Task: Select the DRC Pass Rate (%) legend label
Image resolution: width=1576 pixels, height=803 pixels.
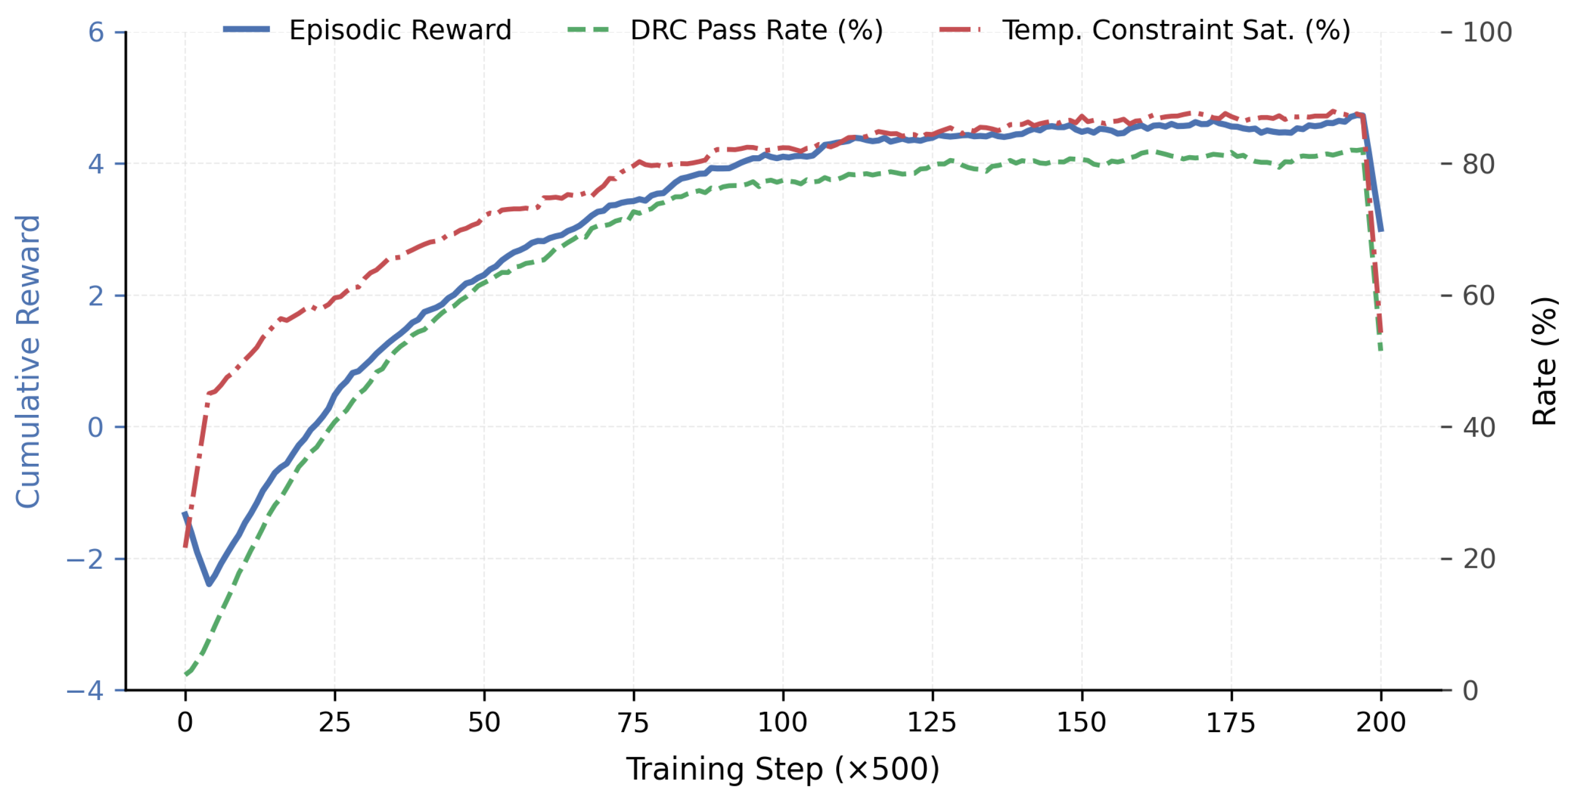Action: tap(757, 30)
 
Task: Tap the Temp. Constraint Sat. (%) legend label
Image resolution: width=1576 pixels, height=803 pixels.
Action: tap(1176, 30)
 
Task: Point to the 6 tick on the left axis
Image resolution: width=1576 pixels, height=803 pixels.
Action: tap(96, 32)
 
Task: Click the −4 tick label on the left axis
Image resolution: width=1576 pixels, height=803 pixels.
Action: tap(86, 690)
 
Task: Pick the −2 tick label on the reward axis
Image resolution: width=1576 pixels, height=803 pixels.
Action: tap(86, 559)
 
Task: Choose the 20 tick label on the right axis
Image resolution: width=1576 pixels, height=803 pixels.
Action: tap(1479, 559)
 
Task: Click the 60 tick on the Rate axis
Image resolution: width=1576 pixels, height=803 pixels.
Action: tap(1479, 296)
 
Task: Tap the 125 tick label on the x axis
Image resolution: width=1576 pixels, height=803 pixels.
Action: tap(932, 723)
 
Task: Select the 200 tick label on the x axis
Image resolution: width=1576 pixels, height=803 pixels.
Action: tap(1381, 723)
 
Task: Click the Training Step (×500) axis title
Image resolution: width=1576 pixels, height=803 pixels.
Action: tap(783, 769)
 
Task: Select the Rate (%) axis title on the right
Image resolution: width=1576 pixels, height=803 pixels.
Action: tap(1545, 361)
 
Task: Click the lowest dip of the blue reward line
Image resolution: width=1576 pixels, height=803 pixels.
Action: tap(209, 584)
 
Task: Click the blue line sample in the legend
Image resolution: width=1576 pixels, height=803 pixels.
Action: tap(246, 29)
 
